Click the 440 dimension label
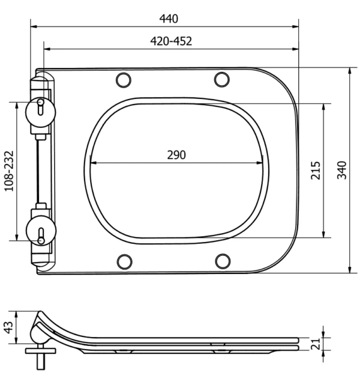pos(169,19)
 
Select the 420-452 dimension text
pos(171,41)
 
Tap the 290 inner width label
pos(176,155)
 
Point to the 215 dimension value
pos(316,171)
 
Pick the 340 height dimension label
pos(342,170)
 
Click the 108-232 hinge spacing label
pos(9,171)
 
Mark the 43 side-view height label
pos(8,327)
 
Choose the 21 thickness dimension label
pos(316,344)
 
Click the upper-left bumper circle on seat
pos(124,80)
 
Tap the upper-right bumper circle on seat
pos(222,79)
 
